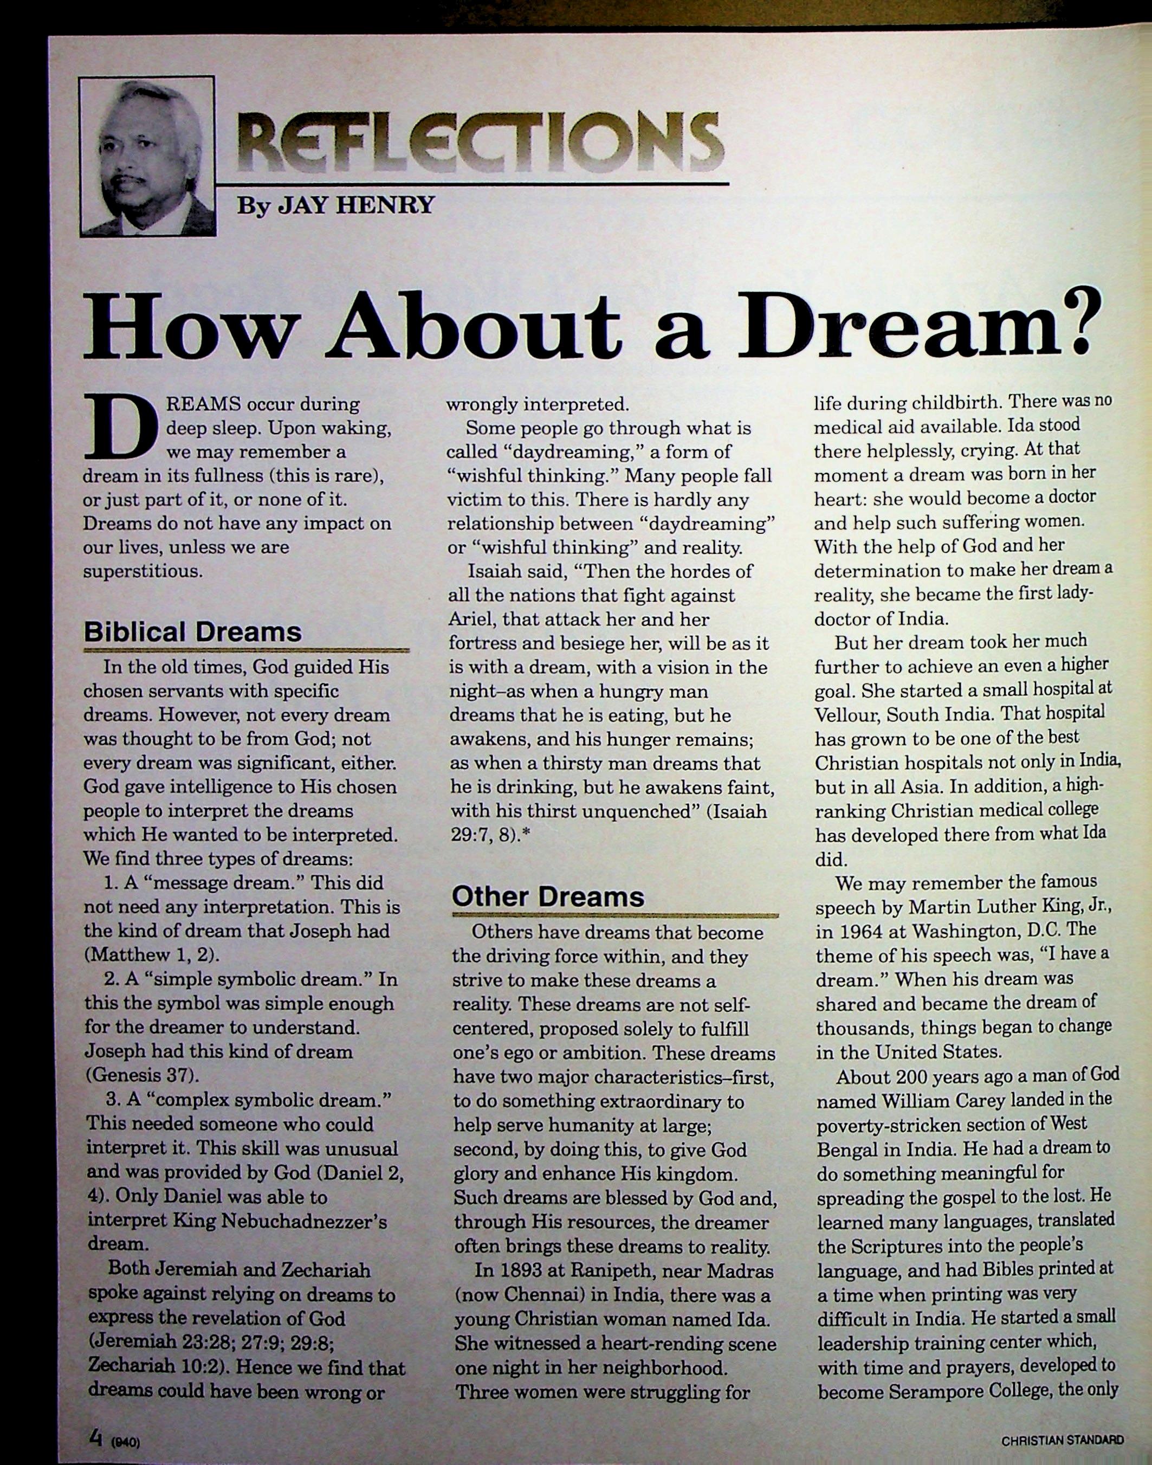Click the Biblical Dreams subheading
pos(192,632)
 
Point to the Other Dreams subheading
pos(548,896)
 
